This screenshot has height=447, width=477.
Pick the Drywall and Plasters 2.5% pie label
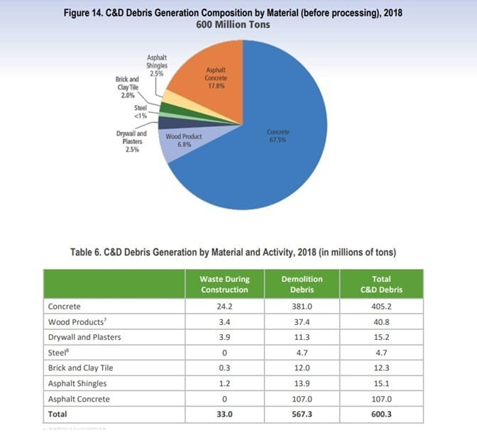tap(131, 141)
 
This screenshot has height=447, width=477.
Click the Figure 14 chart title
tap(238, 13)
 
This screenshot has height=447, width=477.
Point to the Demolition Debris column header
tap(303, 284)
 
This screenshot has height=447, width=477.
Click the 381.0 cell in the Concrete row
tap(303, 307)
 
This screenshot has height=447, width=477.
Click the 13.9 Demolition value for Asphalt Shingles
tap(303, 383)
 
